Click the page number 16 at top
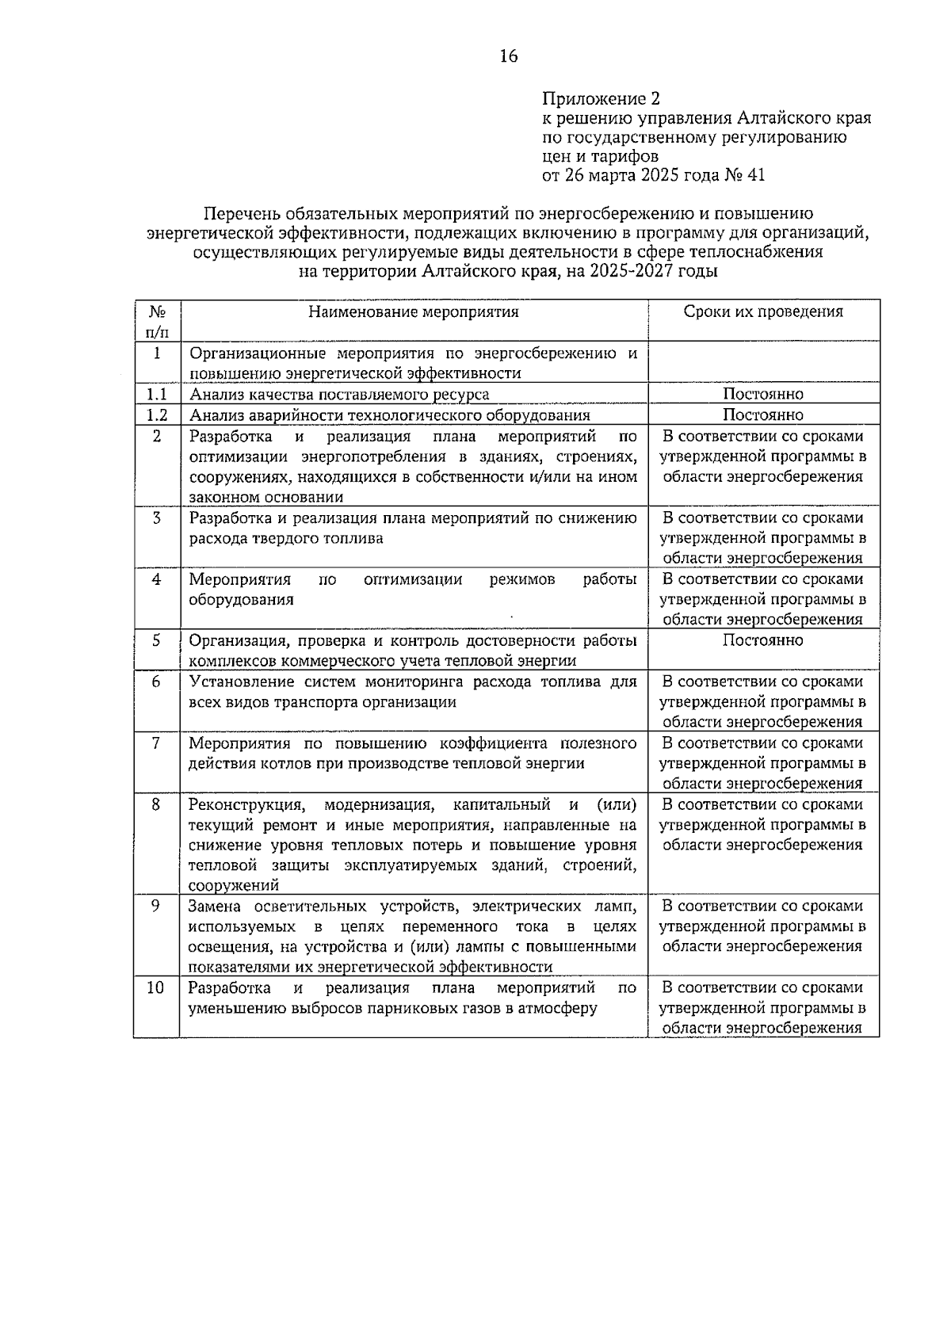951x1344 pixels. point(508,56)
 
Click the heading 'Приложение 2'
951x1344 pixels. point(601,99)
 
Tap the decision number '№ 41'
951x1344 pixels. point(745,175)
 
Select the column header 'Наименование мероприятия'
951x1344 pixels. point(414,311)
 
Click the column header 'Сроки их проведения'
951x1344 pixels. point(763,311)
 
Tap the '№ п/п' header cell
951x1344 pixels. point(157,320)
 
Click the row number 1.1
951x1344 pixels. point(157,394)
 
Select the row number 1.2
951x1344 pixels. point(157,414)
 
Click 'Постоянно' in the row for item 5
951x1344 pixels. point(763,640)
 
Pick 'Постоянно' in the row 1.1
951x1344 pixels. point(763,394)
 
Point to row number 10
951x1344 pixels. point(156,988)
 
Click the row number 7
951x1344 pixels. point(156,743)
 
